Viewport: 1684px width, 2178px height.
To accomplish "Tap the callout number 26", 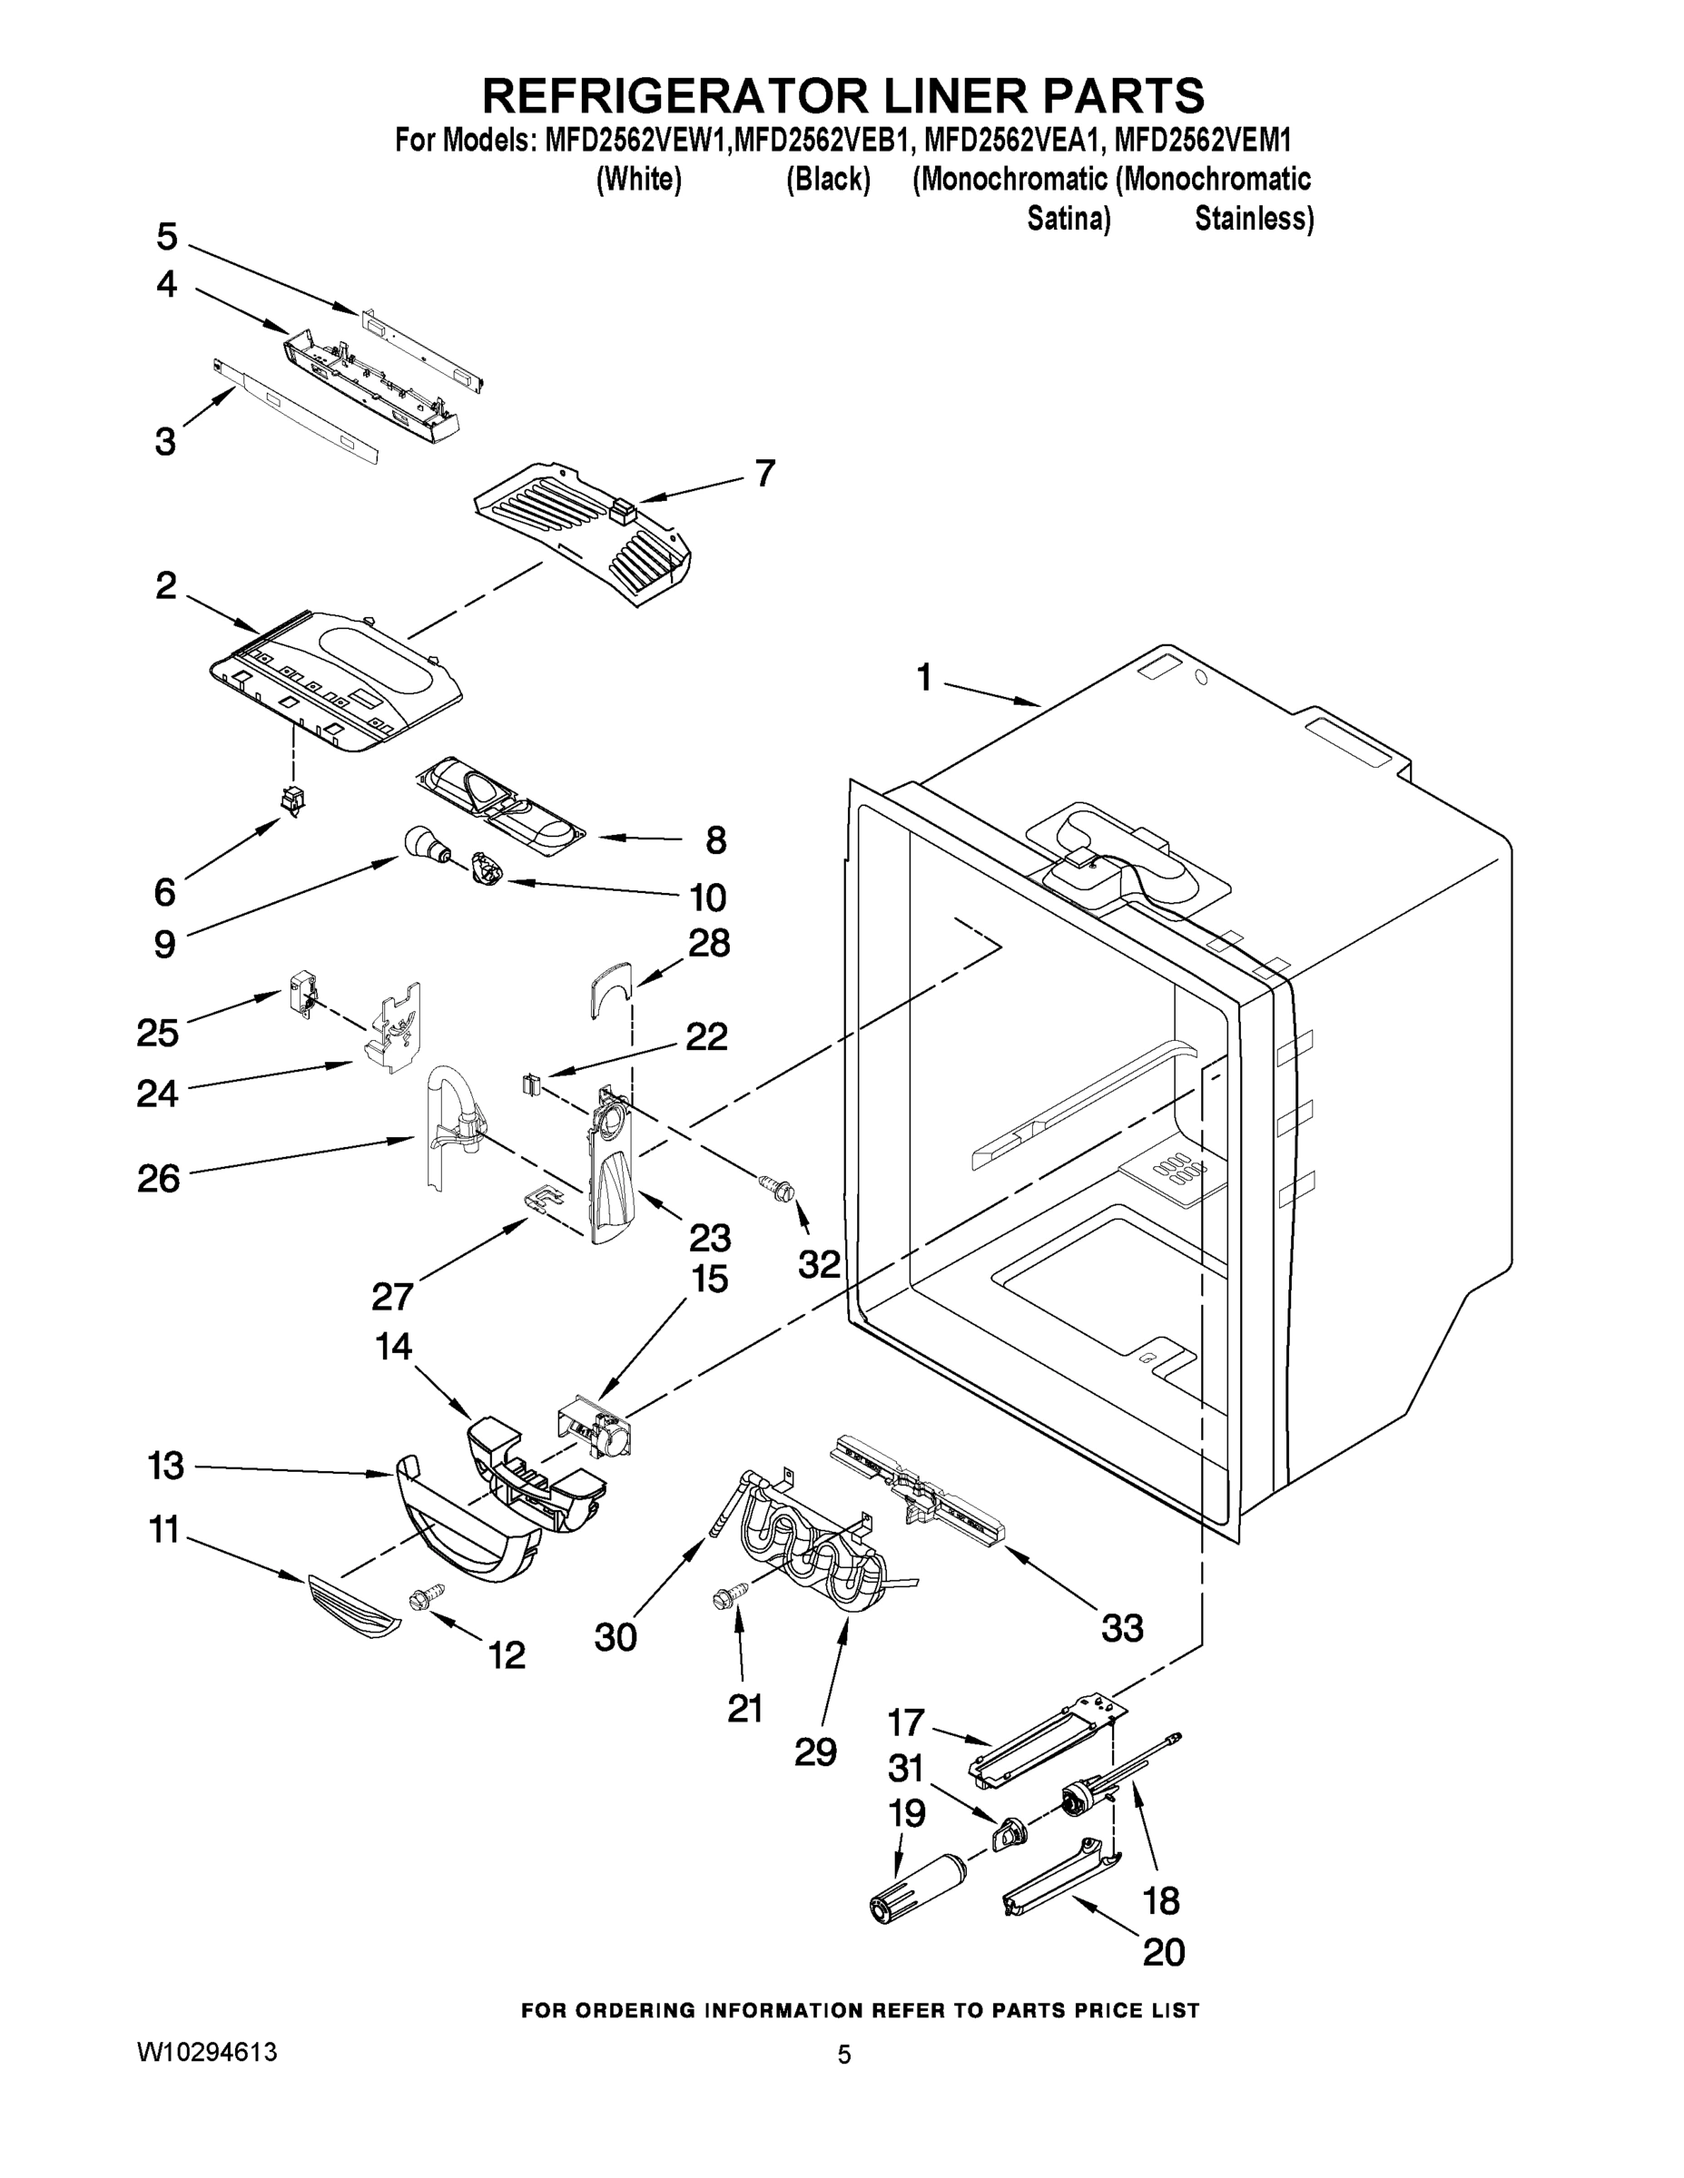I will tap(159, 1179).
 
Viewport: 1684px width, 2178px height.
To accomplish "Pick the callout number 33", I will tap(1122, 1629).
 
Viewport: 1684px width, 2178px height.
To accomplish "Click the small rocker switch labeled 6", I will tap(293, 799).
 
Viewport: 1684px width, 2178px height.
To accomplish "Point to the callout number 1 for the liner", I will tap(924, 679).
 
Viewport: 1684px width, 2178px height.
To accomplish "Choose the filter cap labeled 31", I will tap(1009, 1831).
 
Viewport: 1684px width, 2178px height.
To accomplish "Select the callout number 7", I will tap(765, 473).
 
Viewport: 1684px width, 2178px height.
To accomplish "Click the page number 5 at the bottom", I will tap(844, 2055).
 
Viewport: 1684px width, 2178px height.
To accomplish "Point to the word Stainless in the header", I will tap(1253, 218).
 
